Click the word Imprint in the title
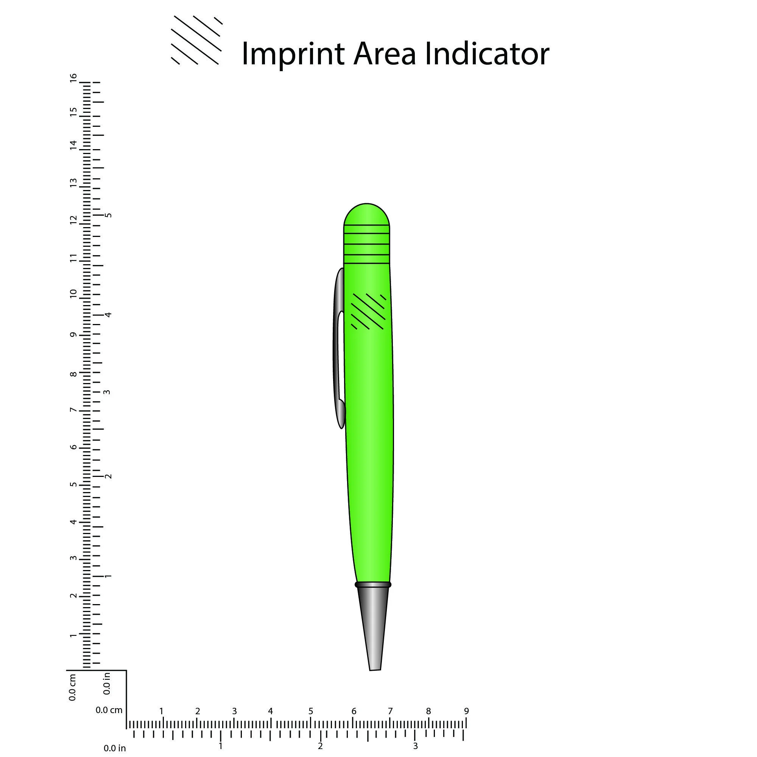pos(293,54)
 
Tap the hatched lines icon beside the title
pos(197,40)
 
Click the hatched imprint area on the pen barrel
pos(368,312)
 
